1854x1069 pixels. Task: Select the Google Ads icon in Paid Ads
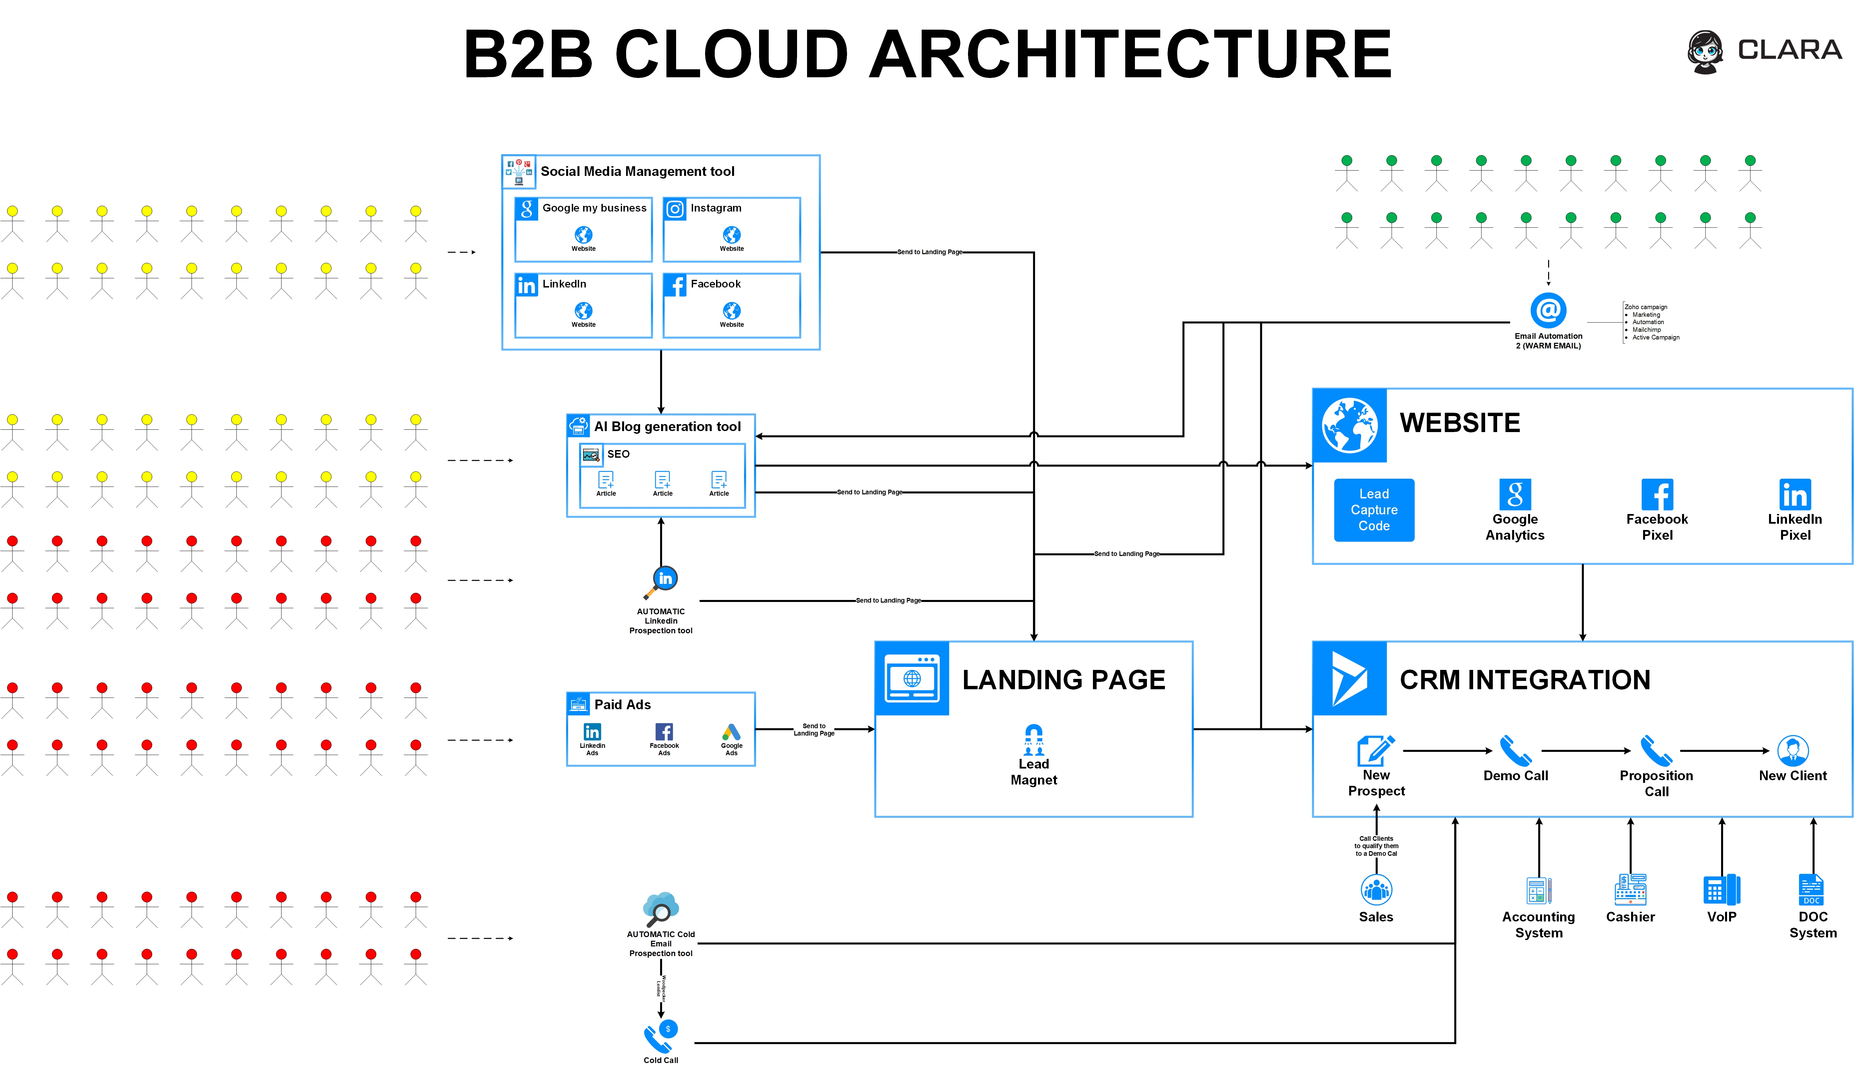tap(731, 732)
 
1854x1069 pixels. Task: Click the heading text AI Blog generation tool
tap(667, 427)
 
